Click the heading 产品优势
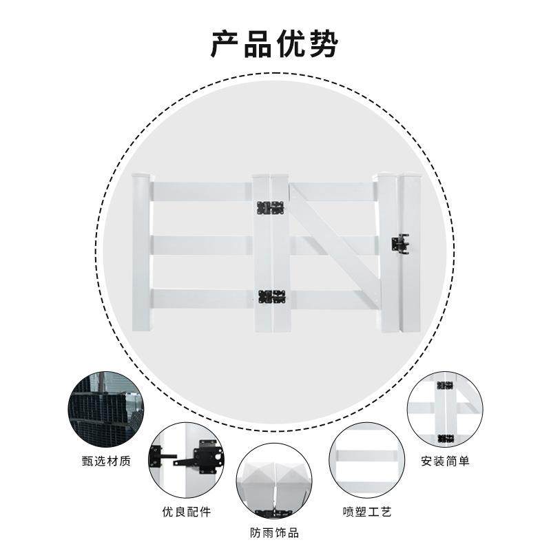(x=275, y=44)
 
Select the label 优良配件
(x=186, y=512)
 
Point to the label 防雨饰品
(x=274, y=533)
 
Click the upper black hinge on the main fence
(x=271, y=207)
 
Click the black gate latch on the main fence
(x=399, y=243)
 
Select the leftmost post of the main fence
(x=141, y=251)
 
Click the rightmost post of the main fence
(x=410, y=251)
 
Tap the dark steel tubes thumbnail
(x=105, y=410)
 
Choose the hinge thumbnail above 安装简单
(x=445, y=410)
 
